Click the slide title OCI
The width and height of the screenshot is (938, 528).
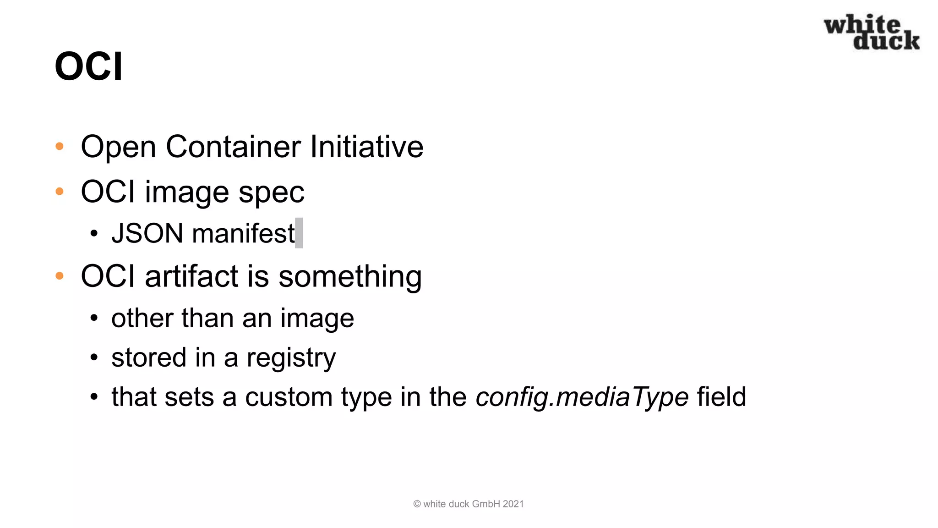coord(88,66)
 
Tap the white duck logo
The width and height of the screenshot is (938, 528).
coord(872,32)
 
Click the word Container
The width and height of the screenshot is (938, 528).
coord(233,147)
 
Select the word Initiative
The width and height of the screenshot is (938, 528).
coord(366,147)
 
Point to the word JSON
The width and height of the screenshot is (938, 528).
coord(147,233)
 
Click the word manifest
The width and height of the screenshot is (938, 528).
coord(243,233)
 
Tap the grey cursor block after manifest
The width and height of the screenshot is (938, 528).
coord(299,233)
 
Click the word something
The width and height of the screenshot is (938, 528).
coord(350,276)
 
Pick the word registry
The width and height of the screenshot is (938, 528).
coord(291,358)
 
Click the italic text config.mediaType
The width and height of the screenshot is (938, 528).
coord(582,397)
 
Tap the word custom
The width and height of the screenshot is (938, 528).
coord(289,397)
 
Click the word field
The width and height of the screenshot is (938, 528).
coord(721,397)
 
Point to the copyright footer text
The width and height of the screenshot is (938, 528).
coord(468,504)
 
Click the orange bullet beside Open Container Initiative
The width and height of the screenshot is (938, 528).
coord(60,147)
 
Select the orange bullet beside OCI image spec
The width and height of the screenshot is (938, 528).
coord(60,192)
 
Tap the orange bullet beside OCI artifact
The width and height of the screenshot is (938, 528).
coord(60,276)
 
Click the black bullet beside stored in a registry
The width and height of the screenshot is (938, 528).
coord(94,357)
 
